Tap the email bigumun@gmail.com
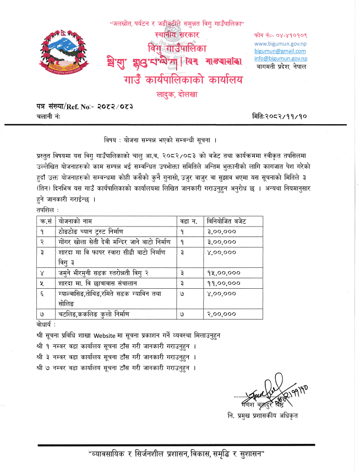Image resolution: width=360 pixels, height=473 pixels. tap(280, 50)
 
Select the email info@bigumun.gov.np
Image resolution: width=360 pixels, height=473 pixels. tap(280, 58)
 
